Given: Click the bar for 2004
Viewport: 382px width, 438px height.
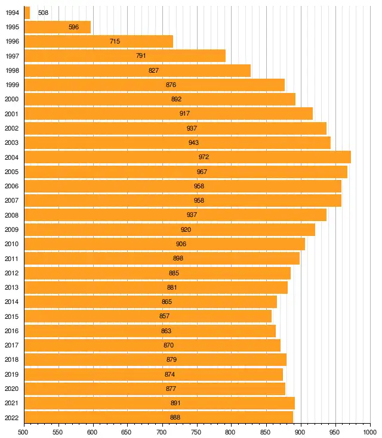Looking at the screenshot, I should pos(187,157).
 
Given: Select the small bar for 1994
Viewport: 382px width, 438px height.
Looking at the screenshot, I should pos(27,13).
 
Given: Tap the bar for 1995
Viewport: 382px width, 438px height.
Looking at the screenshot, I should pos(57,27).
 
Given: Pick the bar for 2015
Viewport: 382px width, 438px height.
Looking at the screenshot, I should pos(147,316).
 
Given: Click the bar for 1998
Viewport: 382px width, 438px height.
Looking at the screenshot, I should pos(137,70).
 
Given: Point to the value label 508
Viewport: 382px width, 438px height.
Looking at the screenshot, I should pos(43,13).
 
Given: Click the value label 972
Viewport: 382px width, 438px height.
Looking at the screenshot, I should pos(204,157).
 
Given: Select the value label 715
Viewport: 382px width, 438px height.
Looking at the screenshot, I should pos(115,42).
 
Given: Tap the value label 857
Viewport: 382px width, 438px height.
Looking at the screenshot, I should pos(165,316).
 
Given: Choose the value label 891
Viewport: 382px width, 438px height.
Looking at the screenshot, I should pos(176,403).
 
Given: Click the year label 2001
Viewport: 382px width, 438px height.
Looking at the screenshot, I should pos(11,114).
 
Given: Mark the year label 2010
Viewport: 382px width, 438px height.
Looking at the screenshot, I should pos(11,244).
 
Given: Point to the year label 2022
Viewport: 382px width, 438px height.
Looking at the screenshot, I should pos(11,418).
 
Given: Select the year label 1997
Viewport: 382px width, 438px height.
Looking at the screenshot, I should pos(11,56).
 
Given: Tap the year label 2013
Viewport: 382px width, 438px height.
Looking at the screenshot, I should pos(11,288).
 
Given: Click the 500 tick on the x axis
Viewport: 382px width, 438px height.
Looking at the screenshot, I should pos(24,431).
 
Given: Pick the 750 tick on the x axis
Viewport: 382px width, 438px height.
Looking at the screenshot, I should pos(197,431).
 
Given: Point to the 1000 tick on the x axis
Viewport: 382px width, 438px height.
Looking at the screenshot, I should pos(369,431).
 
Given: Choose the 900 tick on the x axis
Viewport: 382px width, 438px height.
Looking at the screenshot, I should pos(301,431).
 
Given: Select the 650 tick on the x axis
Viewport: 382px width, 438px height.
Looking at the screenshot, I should pos(128,431).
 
